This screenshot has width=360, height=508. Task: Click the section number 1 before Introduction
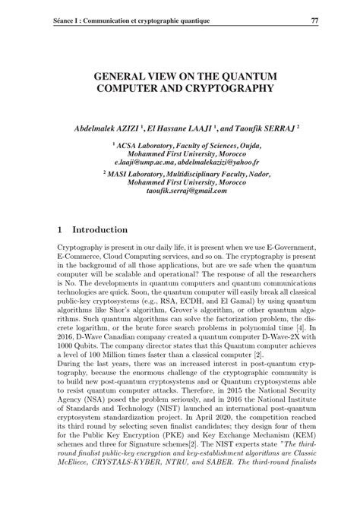61,229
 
